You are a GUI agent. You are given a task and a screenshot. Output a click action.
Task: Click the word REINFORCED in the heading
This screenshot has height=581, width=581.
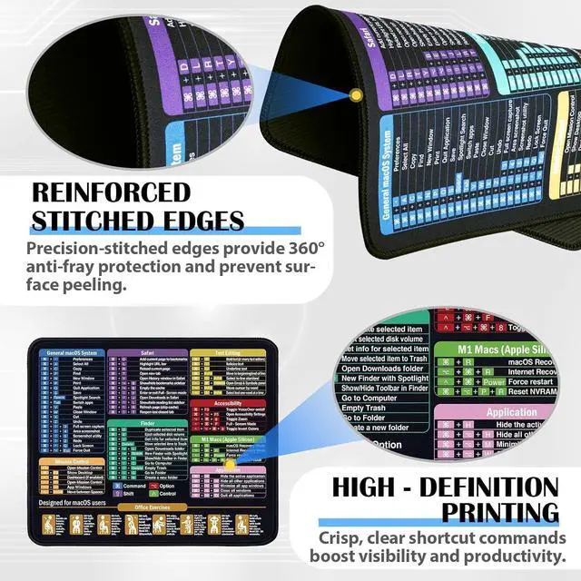coord(112,192)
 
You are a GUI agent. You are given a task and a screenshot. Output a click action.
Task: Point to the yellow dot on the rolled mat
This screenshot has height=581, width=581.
coord(356,94)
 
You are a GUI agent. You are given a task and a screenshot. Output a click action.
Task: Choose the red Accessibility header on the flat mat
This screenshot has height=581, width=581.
coord(227,402)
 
